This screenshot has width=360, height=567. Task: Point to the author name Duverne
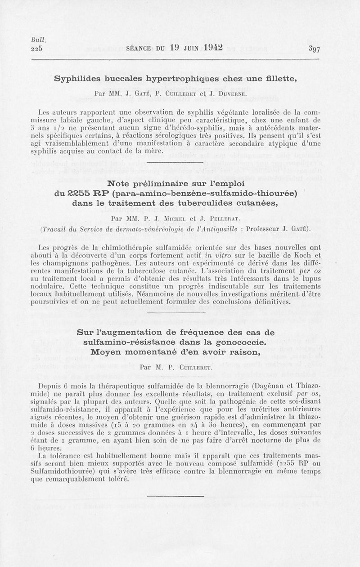231,94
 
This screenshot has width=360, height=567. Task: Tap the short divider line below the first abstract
180,163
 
